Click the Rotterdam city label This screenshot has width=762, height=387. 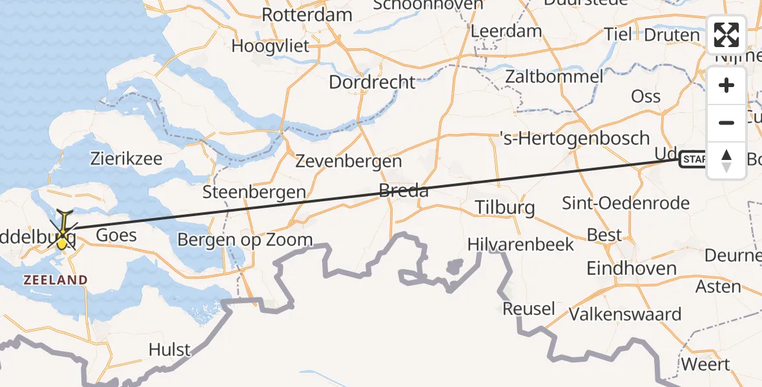click(x=307, y=15)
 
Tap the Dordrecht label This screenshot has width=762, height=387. click(x=372, y=82)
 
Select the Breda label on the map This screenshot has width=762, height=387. click(x=404, y=191)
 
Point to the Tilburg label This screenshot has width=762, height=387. click(x=505, y=207)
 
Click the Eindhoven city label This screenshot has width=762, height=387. click(x=631, y=268)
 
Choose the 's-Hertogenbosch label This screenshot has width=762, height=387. click(x=575, y=138)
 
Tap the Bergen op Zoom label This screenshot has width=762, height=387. click(x=245, y=240)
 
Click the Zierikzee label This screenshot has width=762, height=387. click(x=127, y=159)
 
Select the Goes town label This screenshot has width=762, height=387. click(x=116, y=235)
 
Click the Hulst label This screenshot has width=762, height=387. click(x=169, y=350)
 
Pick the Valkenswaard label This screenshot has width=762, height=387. click(x=624, y=314)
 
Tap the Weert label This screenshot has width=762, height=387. click(x=705, y=364)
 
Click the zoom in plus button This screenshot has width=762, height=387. click(x=726, y=86)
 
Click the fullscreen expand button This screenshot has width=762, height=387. click(x=726, y=35)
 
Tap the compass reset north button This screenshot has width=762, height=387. click(x=726, y=161)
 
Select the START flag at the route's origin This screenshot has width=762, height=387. click(x=694, y=159)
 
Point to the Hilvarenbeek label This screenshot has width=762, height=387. click(x=520, y=244)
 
